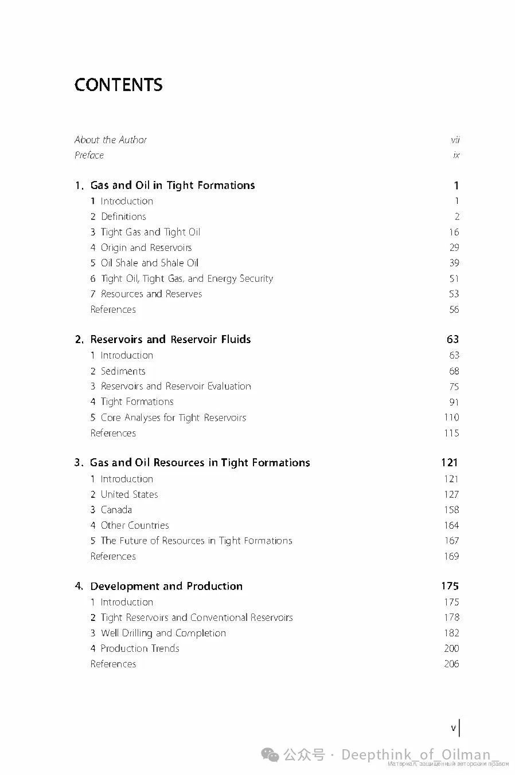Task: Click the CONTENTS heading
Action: pyautogui.click(x=118, y=85)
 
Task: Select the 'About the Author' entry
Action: pyautogui.click(x=110, y=140)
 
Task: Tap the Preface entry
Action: pyautogui.click(x=89, y=155)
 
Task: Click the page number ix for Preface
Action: pyautogui.click(x=456, y=155)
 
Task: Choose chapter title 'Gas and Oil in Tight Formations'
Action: pyautogui.click(x=172, y=185)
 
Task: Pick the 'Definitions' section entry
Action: pyautogui.click(x=123, y=217)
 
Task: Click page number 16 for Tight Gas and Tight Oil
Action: pyautogui.click(x=454, y=232)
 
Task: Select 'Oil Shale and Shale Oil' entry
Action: pyautogui.click(x=149, y=263)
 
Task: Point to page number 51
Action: pyautogui.click(x=454, y=278)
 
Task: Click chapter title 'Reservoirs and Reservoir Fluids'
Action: pyautogui.click(x=170, y=339)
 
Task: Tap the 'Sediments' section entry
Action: pyautogui.click(x=123, y=371)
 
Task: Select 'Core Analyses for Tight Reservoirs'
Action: pyautogui.click(x=173, y=418)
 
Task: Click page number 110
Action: pyautogui.click(x=451, y=418)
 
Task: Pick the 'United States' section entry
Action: pyautogui.click(x=129, y=494)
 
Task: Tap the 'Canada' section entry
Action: pyautogui.click(x=116, y=510)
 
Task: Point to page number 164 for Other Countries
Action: pyautogui.click(x=451, y=525)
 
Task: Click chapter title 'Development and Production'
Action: pyautogui.click(x=166, y=586)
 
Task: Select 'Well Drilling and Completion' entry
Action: pyautogui.click(x=163, y=633)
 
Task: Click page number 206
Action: pyautogui.click(x=451, y=664)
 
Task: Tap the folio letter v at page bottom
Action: pyautogui.click(x=453, y=728)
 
